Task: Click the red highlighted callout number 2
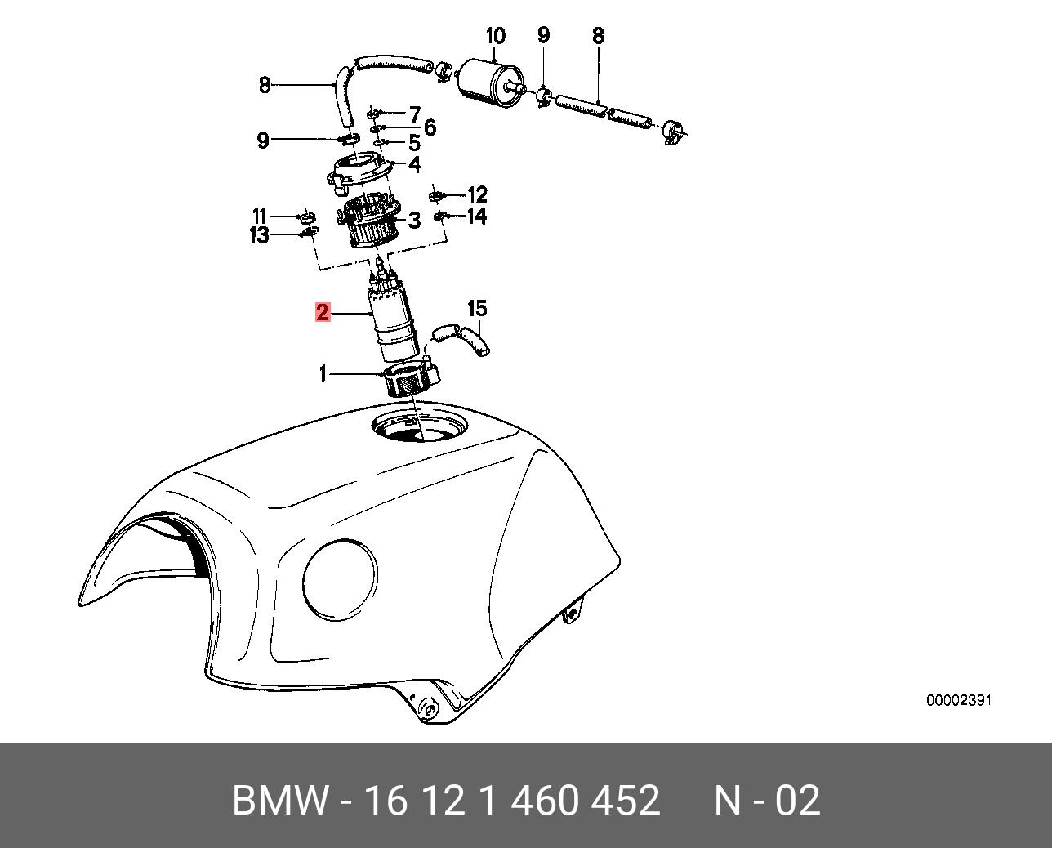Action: tap(323, 313)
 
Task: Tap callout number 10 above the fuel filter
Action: tap(496, 36)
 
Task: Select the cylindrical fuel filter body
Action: tap(490, 83)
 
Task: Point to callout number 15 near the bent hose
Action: tap(477, 309)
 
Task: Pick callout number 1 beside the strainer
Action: tap(323, 374)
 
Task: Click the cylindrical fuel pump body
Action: tap(393, 323)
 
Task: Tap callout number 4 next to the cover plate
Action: tap(415, 164)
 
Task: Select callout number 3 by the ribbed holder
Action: tap(415, 221)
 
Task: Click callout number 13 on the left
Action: tap(260, 235)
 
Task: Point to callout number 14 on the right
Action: tap(477, 216)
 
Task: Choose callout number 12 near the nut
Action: tap(478, 194)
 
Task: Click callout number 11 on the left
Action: tap(260, 216)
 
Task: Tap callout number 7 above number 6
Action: tap(415, 115)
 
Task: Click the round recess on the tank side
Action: tap(341, 580)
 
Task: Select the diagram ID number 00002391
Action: tap(959, 700)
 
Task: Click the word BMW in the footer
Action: tap(280, 800)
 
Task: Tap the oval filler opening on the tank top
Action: tap(420, 427)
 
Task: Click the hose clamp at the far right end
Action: tap(674, 132)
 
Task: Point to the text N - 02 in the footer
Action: tap(767, 800)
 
